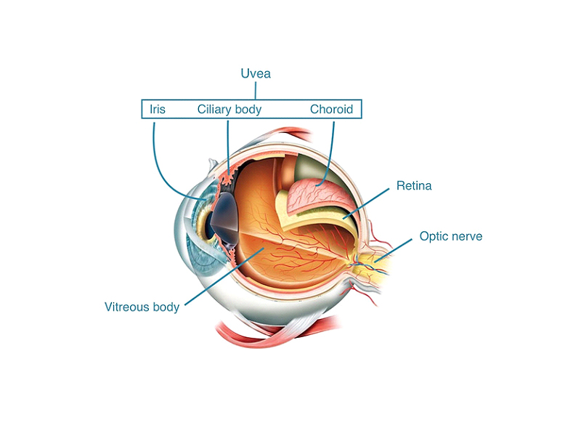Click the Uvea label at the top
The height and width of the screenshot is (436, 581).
(x=256, y=73)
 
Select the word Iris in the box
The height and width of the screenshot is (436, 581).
(x=158, y=110)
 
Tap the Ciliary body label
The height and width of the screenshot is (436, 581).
(x=229, y=110)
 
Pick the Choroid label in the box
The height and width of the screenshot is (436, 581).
(x=331, y=110)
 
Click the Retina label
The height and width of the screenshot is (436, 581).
(x=414, y=186)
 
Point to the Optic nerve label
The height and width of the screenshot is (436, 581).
(x=451, y=236)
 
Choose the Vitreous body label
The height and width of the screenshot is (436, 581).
(x=142, y=307)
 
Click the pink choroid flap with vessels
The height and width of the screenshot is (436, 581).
(x=320, y=196)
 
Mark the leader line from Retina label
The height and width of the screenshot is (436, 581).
(x=370, y=201)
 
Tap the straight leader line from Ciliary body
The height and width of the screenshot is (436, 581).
(x=228, y=145)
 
